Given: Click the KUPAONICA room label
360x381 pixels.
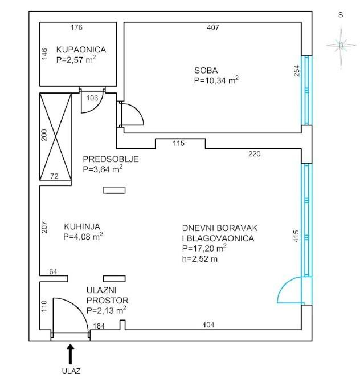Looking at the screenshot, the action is click(x=81, y=50).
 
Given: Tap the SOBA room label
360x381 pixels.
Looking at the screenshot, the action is click(x=206, y=71).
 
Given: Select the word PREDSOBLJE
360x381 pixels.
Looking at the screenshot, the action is click(x=111, y=159).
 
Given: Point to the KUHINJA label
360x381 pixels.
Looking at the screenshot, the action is click(x=82, y=226).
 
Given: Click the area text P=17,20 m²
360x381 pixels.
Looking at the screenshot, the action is click(x=204, y=248).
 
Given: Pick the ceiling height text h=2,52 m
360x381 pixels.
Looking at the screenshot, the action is click(x=200, y=259).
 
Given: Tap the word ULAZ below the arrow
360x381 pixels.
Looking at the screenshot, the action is click(x=71, y=371).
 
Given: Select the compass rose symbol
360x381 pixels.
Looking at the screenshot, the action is click(x=341, y=46).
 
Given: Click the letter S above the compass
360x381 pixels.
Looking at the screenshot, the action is click(x=341, y=15).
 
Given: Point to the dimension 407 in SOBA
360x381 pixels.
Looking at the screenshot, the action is click(x=213, y=27).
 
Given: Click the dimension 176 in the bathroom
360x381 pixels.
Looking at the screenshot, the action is click(x=76, y=27).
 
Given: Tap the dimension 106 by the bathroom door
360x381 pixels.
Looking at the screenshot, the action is click(x=92, y=98).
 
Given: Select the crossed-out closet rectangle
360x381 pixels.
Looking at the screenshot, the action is click(x=55, y=136).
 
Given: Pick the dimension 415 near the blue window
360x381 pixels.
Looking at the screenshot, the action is click(x=296, y=236).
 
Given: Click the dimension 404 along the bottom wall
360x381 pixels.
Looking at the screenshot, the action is click(x=208, y=325).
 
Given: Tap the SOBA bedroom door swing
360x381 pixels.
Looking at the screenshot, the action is click(x=133, y=114).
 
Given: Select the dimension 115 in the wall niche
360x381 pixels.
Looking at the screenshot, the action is click(x=179, y=143).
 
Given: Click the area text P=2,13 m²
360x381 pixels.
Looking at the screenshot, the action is click(x=107, y=310).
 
